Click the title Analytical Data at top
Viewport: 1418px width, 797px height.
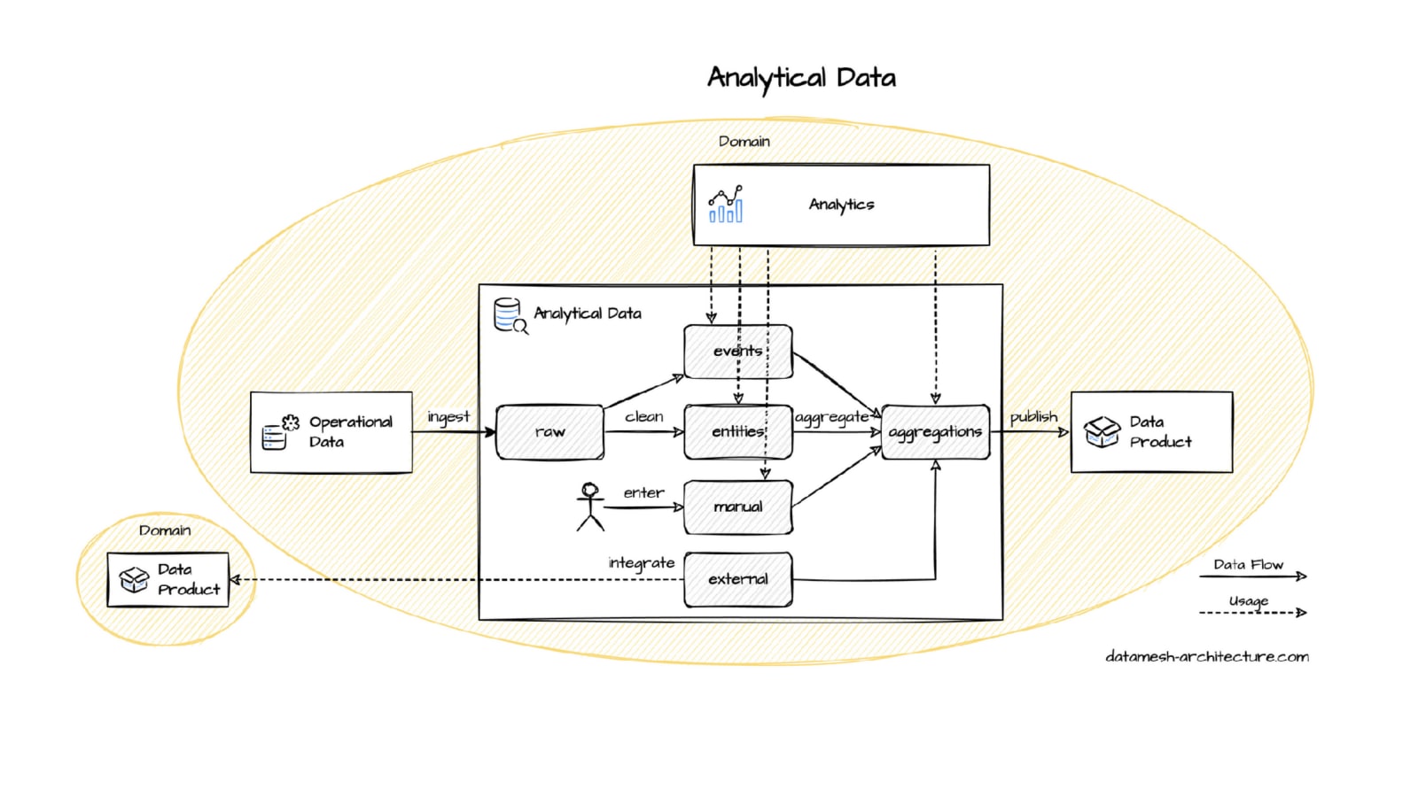[x=801, y=78]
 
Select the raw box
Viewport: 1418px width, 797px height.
[x=549, y=432]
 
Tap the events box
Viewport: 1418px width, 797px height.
[x=737, y=352]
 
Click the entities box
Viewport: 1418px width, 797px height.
[x=737, y=432]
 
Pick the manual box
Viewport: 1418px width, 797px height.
[x=737, y=507]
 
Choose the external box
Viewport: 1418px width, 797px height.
[x=737, y=579]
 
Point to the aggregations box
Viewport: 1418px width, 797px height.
[x=935, y=432]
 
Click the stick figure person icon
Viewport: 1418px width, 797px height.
[x=590, y=507]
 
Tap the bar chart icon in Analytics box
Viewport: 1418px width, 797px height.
[x=726, y=205]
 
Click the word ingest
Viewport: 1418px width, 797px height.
[x=448, y=416]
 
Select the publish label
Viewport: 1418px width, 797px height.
[x=1033, y=416]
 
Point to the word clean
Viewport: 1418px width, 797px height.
[x=644, y=416]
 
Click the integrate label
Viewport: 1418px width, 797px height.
[x=641, y=563]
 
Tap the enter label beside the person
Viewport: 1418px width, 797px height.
[x=643, y=492]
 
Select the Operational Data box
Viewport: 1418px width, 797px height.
[x=331, y=432]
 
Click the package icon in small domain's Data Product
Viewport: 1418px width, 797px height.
[x=135, y=580]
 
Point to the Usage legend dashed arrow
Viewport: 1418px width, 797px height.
[x=1252, y=612]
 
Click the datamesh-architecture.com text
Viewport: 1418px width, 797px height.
[x=1206, y=656]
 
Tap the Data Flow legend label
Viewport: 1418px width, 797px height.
[x=1248, y=564]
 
